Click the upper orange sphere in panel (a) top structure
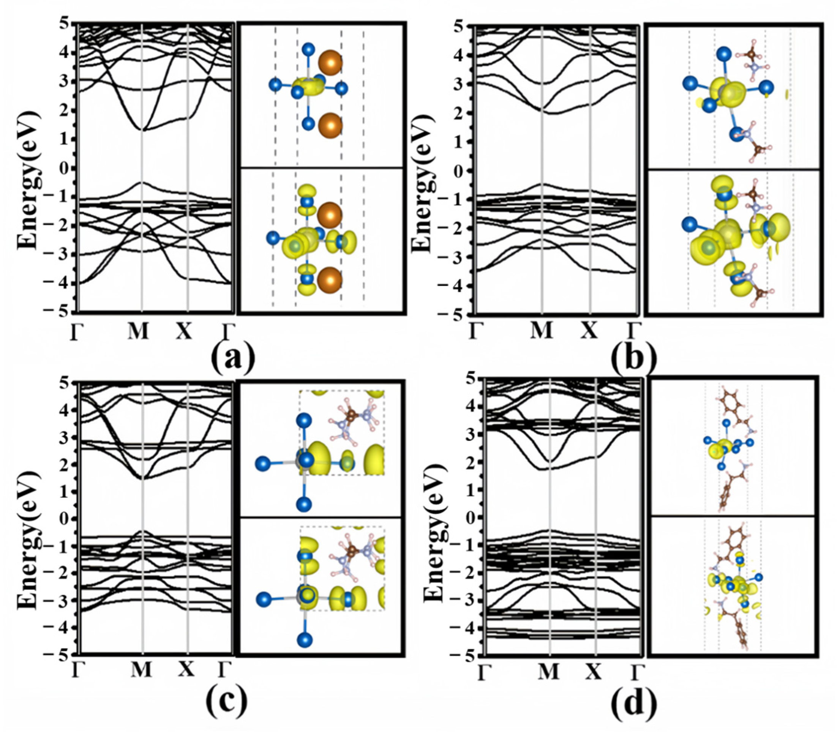click(x=330, y=63)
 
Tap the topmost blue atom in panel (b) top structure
click(x=724, y=54)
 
